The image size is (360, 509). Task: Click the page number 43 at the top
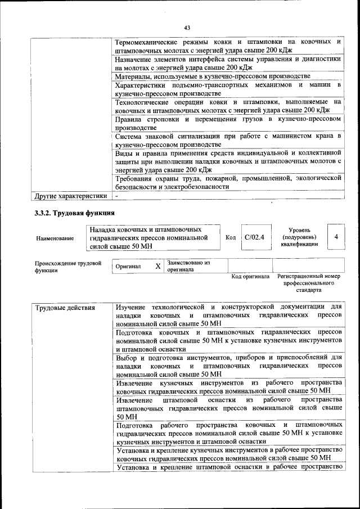click(x=187, y=28)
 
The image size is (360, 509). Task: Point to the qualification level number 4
click(x=336, y=237)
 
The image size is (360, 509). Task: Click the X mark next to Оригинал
click(x=158, y=266)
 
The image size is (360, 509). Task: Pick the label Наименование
click(x=55, y=238)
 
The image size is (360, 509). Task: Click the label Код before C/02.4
click(x=230, y=237)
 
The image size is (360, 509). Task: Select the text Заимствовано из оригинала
click(x=188, y=266)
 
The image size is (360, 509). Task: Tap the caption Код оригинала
click(x=250, y=277)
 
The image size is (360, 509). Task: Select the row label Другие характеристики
click(x=70, y=196)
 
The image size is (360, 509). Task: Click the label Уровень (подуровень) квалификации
click(x=301, y=237)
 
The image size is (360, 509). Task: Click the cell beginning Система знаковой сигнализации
click(x=228, y=141)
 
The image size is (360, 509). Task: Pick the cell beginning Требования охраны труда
click(x=228, y=182)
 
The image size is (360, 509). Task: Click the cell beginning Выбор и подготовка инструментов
click(x=228, y=365)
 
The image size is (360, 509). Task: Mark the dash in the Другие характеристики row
click(x=116, y=196)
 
